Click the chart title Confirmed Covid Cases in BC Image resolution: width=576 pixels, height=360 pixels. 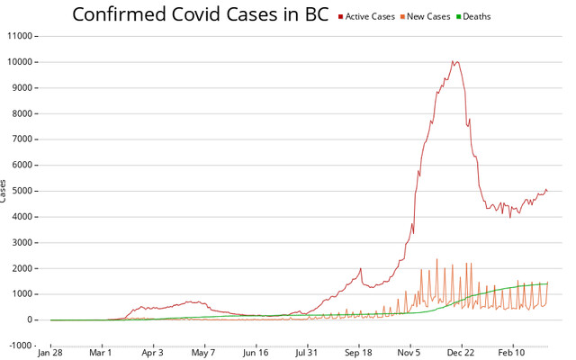(200, 15)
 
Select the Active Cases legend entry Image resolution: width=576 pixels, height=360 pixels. (371, 17)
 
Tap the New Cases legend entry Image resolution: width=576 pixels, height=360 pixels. (436, 17)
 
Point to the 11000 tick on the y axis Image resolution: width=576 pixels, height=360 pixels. (18, 36)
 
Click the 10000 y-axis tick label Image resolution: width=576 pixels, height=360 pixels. (18, 62)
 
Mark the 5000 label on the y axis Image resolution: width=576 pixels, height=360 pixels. (21, 191)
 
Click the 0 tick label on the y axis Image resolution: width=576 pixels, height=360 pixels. (30, 319)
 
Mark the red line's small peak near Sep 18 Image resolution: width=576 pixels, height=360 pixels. (360, 268)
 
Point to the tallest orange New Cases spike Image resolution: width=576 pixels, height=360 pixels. (437, 259)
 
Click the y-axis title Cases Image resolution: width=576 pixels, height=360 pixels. (4, 191)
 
